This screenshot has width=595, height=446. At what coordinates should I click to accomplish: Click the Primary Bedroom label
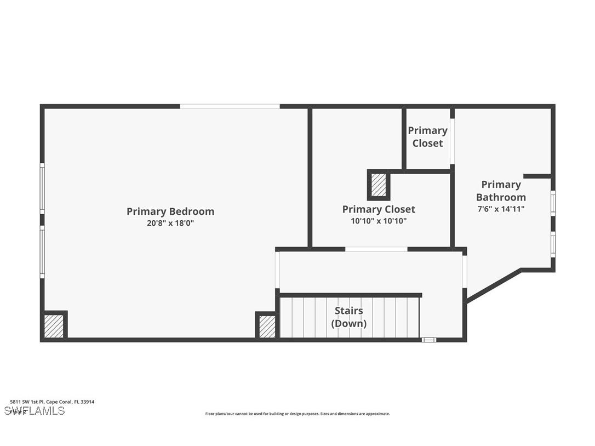click(x=170, y=211)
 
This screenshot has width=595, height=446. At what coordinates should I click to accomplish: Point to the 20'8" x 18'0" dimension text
click(x=170, y=223)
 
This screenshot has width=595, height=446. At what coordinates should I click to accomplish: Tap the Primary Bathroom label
click(x=501, y=191)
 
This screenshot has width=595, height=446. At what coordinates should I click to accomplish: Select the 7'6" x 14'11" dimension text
click(x=501, y=209)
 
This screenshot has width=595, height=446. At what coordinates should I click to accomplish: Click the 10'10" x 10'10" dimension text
click(x=379, y=221)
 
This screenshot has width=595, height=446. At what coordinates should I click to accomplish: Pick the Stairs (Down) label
click(x=349, y=317)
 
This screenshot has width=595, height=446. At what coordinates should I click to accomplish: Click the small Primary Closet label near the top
click(x=427, y=136)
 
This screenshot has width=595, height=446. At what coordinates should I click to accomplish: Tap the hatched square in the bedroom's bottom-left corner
click(x=54, y=326)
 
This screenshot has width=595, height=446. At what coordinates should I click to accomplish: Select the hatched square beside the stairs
click(x=267, y=327)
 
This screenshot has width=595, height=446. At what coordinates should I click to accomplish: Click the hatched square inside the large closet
click(x=379, y=185)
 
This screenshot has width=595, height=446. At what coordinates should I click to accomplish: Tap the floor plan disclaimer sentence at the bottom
click(x=297, y=414)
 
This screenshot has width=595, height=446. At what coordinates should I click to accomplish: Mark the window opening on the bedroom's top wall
click(x=230, y=106)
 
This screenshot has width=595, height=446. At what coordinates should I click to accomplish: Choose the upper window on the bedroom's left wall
click(x=42, y=189)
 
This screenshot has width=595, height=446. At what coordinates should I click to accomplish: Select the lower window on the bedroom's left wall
click(x=42, y=252)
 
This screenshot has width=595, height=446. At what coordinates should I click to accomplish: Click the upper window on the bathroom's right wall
click(x=553, y=203)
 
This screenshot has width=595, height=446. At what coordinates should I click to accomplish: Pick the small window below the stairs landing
click(x=429, y=340)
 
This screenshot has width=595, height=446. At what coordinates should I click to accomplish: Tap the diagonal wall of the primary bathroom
click(x=493, y=285)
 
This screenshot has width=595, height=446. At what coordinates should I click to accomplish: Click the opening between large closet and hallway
click(x=376, y=249)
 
